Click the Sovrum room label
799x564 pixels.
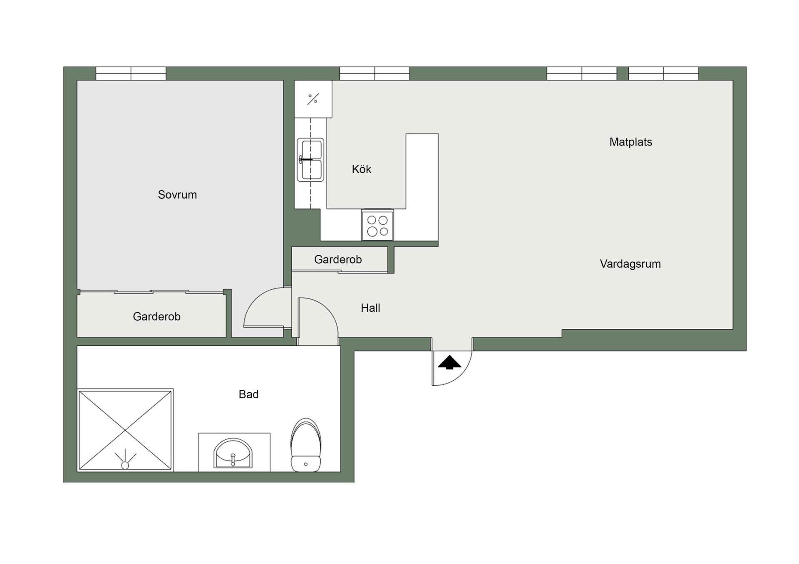pyautogui.click(x=177, y=195)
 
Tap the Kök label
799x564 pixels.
pyautogui.click(x=361, y=169)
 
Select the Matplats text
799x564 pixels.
pyautogui.click(x=630, y=142)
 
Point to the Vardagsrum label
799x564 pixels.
pyautogui.click(x=630, y=264)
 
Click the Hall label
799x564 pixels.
pyautogui.click(x=370, y=308)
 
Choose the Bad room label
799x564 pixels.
pyautogui.click(x=248, y=394)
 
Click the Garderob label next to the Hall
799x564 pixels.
pyautogui.click(x=338, y=259)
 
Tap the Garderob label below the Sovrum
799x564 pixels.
pyautogui.click(x=156, y=317)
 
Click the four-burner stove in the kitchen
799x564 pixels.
pyautogui.click(x=377, y=225)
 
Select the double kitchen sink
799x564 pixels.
pyautogui.click(x=310, y=160)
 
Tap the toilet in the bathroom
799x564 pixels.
pyautogui.click(x=306, y=445)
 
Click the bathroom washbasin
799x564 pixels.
pyautogui.click(x=233, y=453)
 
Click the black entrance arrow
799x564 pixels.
pyautogui.click(x=449, y=363)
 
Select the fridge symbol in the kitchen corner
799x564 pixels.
pyautogui.click(x=313, y=99)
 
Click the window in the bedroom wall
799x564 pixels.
pyautogui.click(x=131, y=74)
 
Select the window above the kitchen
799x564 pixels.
pyautogui.click(x=375, y=74)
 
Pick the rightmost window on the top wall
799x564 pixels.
pyautogui.click(x=663, y=74)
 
